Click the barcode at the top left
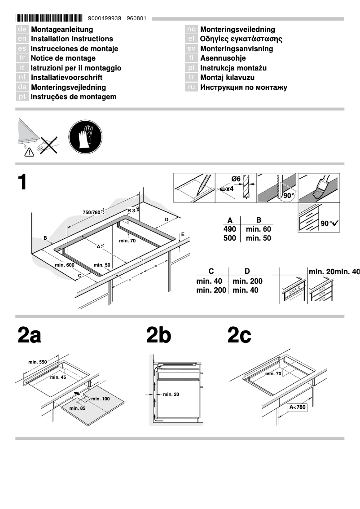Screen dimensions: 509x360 point(49,18)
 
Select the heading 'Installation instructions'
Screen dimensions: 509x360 point(72,39)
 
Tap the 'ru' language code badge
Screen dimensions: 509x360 point(192,88)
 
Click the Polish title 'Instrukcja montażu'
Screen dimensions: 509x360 point(233,68)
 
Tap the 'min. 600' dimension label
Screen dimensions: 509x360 point(65,265)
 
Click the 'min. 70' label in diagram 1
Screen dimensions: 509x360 point(127,241)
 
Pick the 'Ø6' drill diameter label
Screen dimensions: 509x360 point(236,179)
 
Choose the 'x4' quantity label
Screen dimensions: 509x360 point(229,189)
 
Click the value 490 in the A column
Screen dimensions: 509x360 point(230,229)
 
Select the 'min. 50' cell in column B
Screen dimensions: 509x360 point(259,238)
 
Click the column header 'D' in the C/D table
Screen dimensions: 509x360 point(247,271)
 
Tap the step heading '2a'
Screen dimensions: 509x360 point(29,335)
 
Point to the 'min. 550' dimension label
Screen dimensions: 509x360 point(38,362)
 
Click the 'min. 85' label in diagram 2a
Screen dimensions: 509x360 point(77,408)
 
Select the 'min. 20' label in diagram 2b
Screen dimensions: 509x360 point(171,395)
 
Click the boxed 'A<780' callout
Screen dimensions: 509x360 point(297,408)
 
